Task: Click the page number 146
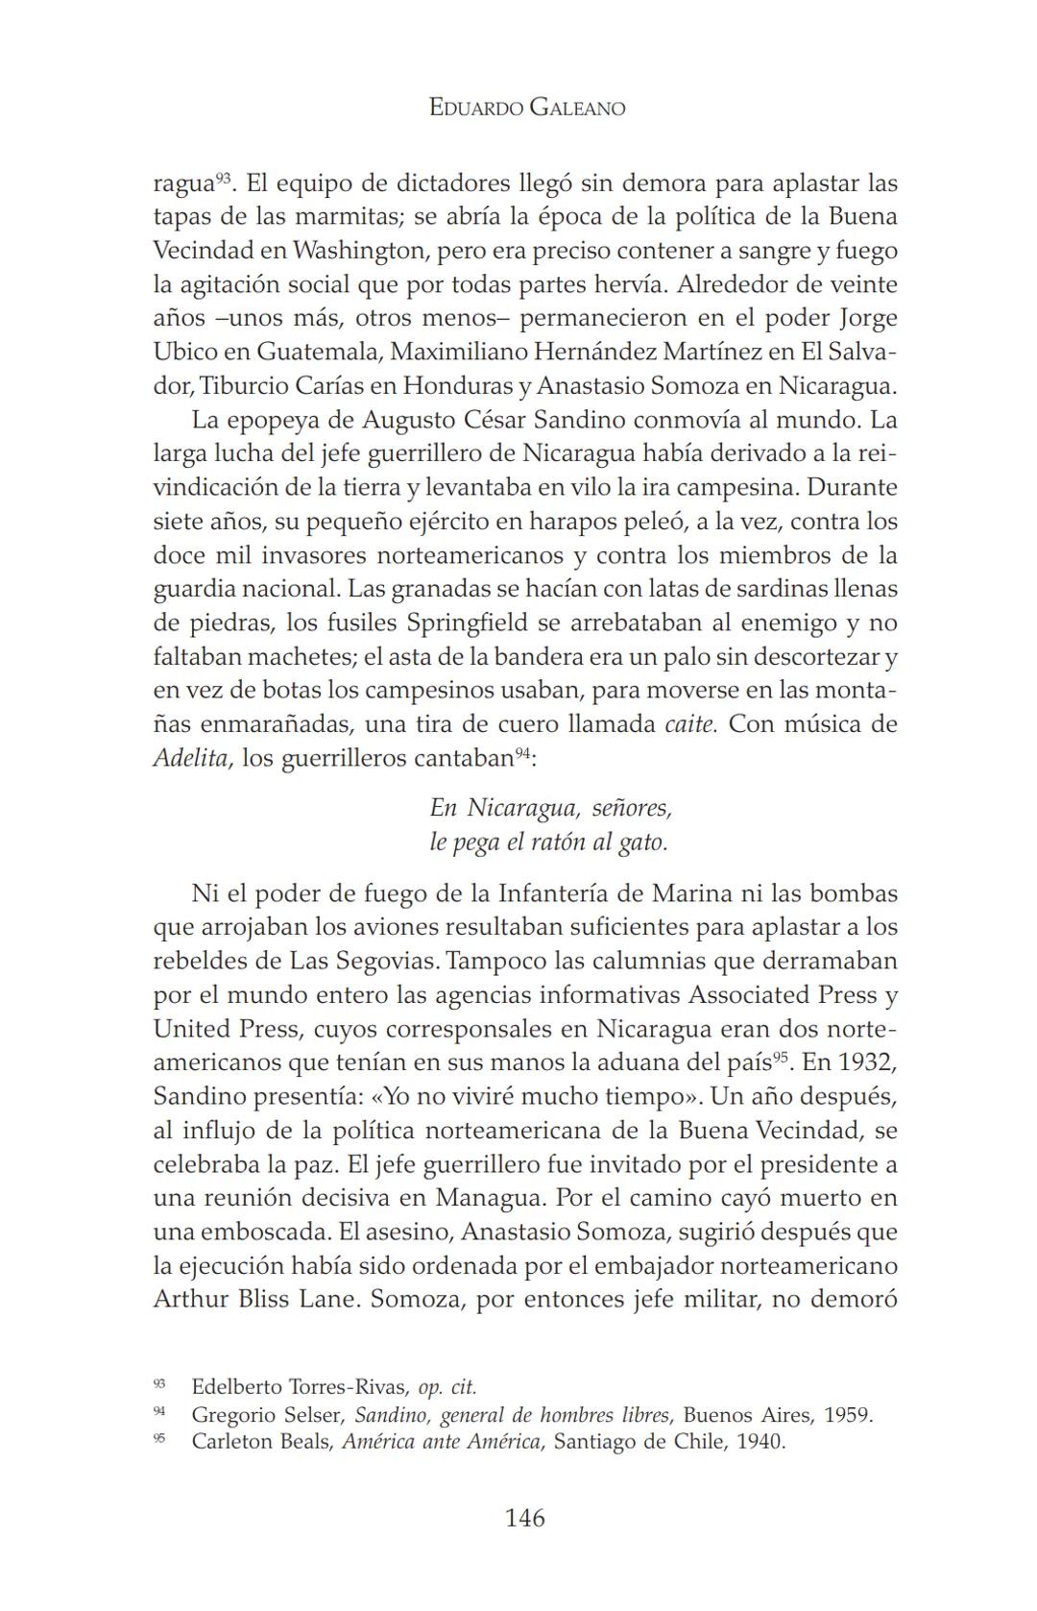point(524,1518)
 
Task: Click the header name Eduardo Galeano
point(526,108)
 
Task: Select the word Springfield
point(467,622)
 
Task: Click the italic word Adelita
point(191,758)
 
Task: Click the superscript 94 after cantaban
point(521,752)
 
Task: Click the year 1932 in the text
point(866,1062)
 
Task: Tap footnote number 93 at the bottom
point(159,1383)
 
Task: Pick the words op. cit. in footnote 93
point(447,1387)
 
